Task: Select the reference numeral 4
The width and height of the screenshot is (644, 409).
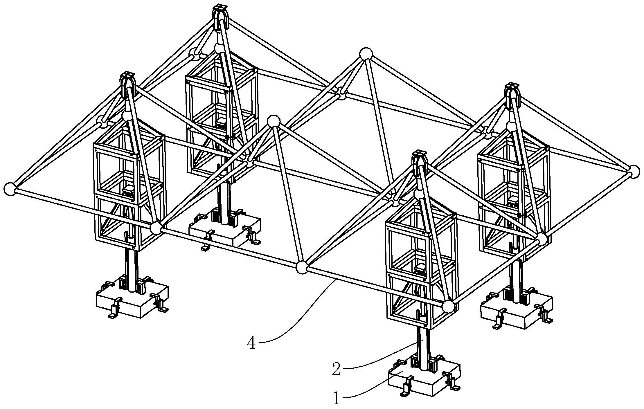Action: point(252,343)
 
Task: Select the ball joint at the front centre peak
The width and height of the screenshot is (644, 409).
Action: point(274,121)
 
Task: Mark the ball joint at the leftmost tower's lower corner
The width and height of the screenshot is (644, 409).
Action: point(156,228)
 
